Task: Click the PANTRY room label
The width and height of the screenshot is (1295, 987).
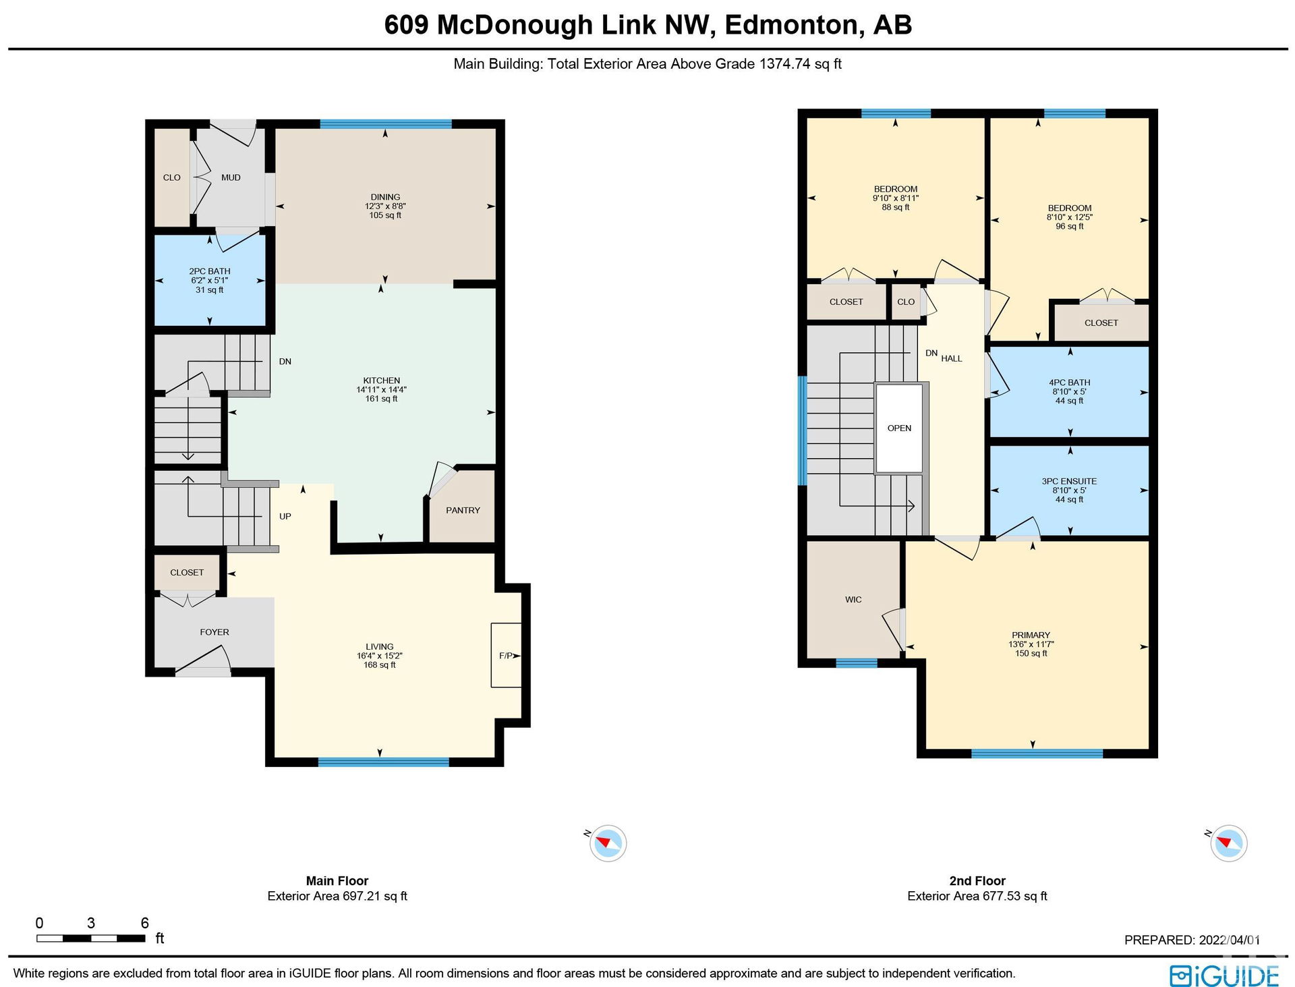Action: coord(463,510)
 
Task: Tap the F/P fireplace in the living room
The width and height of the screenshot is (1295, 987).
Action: coord(506,655)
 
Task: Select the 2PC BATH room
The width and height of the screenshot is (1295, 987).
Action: coord(210,280)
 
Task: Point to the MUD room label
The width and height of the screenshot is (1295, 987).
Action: coord(231,177)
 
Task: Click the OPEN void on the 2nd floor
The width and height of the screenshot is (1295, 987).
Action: coord(899,428)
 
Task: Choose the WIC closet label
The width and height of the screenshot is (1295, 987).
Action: coord(853,599)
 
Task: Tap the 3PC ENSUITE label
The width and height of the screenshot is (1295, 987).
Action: coord(1069,481)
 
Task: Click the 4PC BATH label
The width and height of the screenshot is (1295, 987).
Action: coord(1070,382)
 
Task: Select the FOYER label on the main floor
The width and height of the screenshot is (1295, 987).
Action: coord(214,632)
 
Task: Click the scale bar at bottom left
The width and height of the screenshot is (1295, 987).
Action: coord(91,938)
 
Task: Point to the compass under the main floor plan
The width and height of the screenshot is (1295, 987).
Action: coord(608,843)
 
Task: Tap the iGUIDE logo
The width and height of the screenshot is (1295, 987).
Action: coord(1224,976)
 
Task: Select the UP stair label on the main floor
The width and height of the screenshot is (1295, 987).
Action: coord(285,516)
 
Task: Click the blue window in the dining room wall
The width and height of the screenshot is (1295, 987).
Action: coord(386,124)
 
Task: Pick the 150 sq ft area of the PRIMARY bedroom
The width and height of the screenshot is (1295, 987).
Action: coord(1031,653)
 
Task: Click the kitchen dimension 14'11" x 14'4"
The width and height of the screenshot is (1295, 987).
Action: coord(382,389)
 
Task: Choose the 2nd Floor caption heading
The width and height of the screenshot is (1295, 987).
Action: coord(977,880)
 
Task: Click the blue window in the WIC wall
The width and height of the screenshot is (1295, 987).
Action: coord(857,663)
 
